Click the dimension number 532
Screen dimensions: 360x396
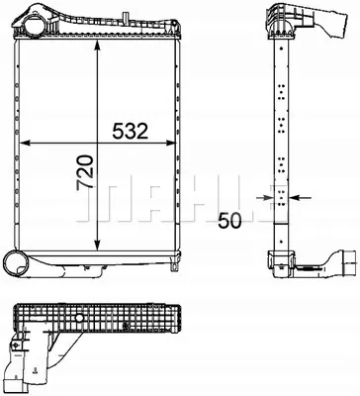(131, 131)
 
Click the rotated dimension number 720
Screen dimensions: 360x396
(85, 172)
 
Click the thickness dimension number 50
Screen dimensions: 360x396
(229, 221)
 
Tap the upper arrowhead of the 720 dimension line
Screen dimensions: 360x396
(97, 46)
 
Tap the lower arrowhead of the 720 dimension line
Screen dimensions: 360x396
(97, 245)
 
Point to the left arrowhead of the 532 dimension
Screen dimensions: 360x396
(25, 143)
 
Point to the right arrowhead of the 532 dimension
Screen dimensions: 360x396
(170, 143)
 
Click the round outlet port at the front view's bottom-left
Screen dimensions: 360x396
(16, 263)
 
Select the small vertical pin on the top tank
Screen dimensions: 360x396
(125, 18)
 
